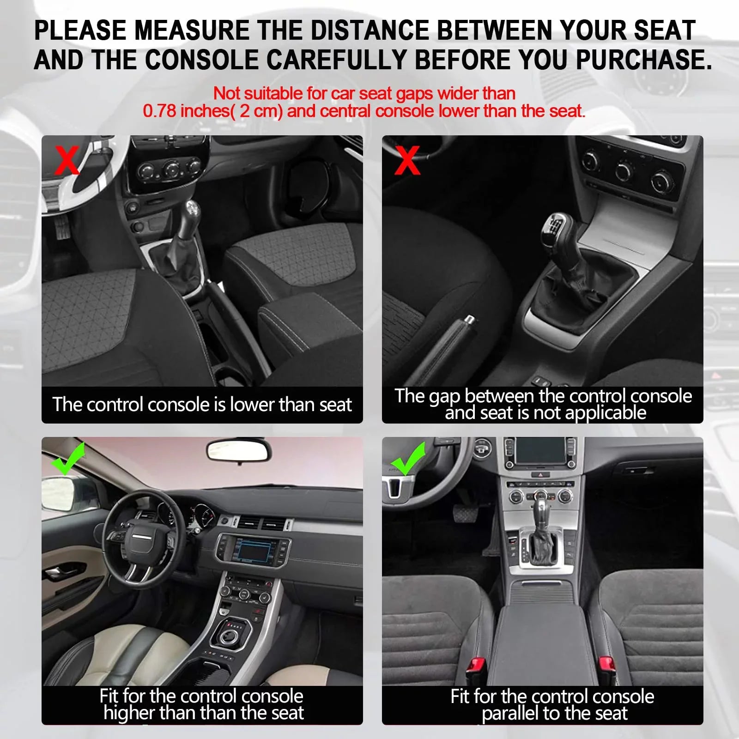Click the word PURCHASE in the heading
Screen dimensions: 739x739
pyautogui.click(x=643, y=60)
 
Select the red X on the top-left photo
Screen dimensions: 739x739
pyautogui.click(x=67, y=160)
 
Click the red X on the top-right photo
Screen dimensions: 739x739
pyautogui.click(x=407, y=160)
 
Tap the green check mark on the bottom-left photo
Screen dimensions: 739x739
pyautogui.click(x=68, y=458)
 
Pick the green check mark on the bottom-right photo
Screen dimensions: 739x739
pyautogui.click(x=408, y=459)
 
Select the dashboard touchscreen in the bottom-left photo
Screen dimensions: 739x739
pyautogui.click(x=254, y=550)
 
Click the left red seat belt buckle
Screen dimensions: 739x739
pyautogui.click(x=476, y=667)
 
